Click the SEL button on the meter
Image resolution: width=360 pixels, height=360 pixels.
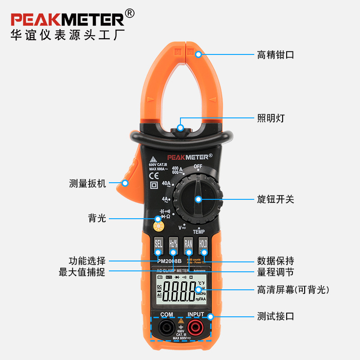pos(158,244)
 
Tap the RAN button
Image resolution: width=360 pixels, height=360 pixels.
pos(188,244)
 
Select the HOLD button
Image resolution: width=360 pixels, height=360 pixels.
pos(203,244)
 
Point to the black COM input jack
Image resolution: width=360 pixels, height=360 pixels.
pos(166,328)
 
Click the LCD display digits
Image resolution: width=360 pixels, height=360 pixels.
pos(179,292)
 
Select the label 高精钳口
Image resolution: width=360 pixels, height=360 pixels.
pos(275,55)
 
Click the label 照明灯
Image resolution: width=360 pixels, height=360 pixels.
pos(271,118)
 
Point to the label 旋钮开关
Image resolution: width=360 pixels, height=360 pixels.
pos(275,199)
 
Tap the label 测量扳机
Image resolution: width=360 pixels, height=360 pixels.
pos(88,183)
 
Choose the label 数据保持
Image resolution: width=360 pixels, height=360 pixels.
pos(275,261)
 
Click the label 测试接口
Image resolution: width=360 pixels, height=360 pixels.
pos(275,316)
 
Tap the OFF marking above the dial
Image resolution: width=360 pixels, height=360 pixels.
pos(198,166)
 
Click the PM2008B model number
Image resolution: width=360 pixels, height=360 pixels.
pos(169,261)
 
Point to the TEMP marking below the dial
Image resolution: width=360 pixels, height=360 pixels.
pos(198,232)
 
